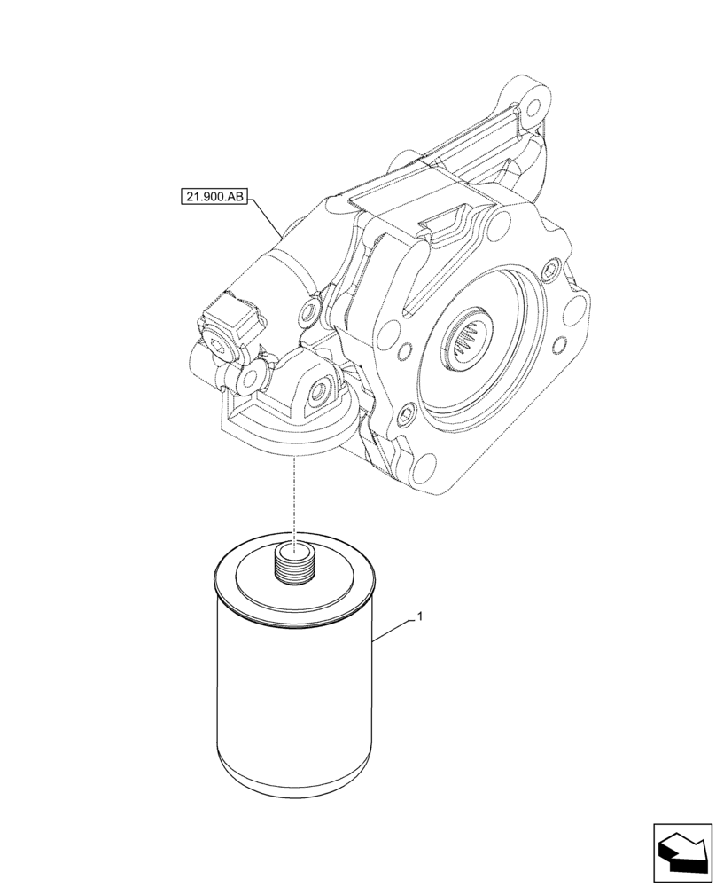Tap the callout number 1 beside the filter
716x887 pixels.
tap(419, 614)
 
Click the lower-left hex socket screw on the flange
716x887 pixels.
tap(408, 412)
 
